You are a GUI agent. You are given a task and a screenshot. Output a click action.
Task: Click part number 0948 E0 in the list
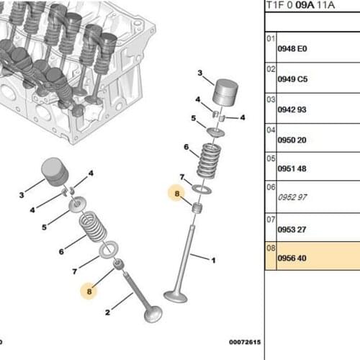(292, 49)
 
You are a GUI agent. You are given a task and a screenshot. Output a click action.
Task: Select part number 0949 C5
(292, 80)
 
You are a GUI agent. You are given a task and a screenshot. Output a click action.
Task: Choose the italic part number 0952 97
(292, 197)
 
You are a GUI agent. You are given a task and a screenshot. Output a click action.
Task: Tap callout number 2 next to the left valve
(108, 312)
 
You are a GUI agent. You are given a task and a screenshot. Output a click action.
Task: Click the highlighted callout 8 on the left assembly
(89, 292)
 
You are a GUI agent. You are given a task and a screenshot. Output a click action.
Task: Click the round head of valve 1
(177, 296)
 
